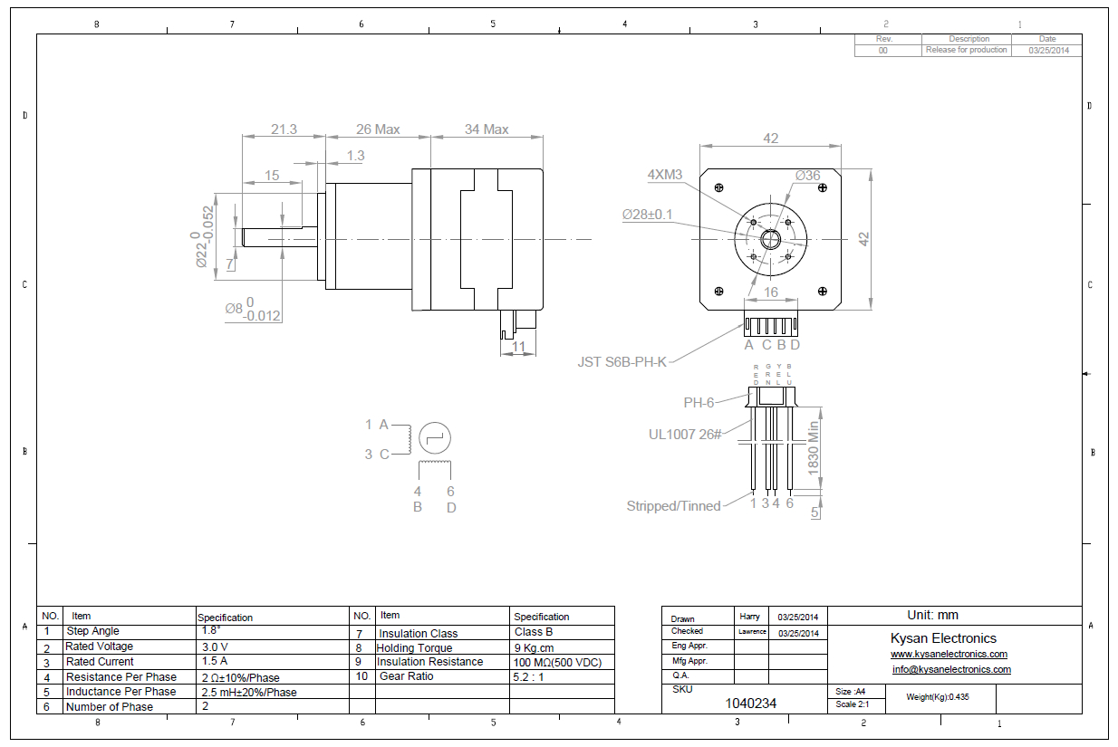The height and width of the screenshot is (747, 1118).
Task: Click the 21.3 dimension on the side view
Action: pos(284,129)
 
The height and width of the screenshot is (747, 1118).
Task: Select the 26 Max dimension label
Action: pos(378,129)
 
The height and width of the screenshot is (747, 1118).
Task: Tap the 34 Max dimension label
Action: pos(487,129)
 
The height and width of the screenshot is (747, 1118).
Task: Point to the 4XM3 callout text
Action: pos(664,174)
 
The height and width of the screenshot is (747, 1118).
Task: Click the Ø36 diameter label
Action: pos(807,175)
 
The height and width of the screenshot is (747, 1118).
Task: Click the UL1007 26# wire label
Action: pos(684,435)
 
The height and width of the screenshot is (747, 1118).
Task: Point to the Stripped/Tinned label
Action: pos(673,506)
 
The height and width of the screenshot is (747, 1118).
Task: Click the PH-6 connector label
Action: pos(699,402)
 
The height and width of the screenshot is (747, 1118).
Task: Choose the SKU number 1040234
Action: pos(751,704)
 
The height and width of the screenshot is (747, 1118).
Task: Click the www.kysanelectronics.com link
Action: pos(949,654)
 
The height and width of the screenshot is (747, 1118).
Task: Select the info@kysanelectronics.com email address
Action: pos(951,670)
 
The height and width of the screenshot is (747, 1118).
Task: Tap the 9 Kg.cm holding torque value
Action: pos(535,647)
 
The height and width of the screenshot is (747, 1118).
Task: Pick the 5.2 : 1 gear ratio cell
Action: pos(530,676)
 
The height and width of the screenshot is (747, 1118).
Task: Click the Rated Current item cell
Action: pos(100,662)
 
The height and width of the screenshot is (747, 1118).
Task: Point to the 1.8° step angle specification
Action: pos(211,630)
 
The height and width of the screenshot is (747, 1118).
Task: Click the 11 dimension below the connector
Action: pos(518,346)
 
